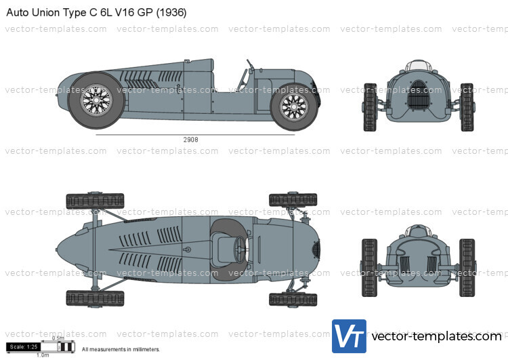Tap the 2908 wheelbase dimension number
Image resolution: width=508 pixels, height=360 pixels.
click(192, 140)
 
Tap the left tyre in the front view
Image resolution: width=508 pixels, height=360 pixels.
click(370, 106)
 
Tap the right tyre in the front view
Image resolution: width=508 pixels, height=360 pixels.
click(467, 106)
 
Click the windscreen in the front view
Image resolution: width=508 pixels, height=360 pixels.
click(418, 65)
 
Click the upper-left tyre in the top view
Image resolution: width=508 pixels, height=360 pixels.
click(85, 201)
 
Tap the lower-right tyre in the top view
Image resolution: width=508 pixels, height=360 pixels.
click(288, 299)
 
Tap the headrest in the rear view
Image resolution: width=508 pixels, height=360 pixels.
click(418, 232)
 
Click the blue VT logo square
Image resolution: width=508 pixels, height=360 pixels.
click(349, 336)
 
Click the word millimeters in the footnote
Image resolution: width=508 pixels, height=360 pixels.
click(144, 350)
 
